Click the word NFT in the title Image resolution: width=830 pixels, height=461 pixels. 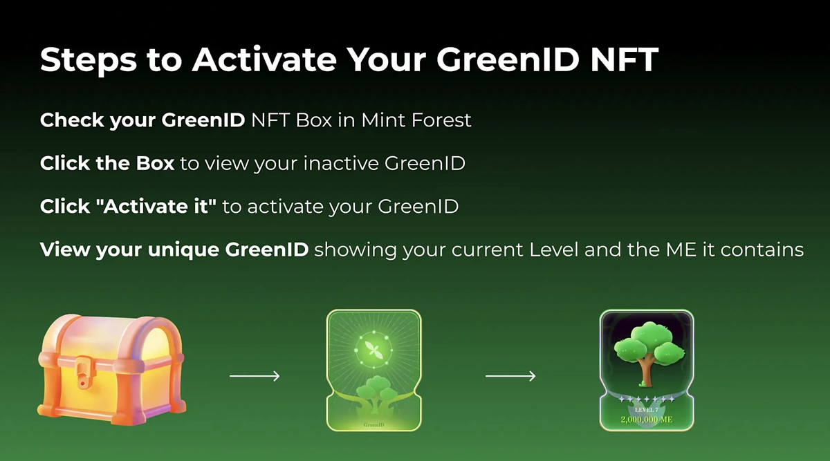tap(625, 59)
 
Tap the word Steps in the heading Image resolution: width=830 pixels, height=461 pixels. tap(89, 61)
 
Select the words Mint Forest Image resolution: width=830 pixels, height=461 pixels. tap(416, 120)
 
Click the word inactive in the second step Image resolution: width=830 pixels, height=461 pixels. tap(341, 163)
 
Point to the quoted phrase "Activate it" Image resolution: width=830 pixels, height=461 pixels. tap(156, 206)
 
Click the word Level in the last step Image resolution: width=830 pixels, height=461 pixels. tap(553, 250)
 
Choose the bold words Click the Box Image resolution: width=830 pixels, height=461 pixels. tap(107, 163)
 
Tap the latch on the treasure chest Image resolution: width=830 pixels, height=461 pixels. tap(82, 372)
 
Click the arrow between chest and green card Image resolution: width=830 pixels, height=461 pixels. tap(255, 376)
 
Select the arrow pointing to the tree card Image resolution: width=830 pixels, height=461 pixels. tap(510, 376)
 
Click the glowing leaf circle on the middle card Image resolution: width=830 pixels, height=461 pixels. tap(373, 350)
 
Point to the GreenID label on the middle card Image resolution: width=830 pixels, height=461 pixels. tap(374, 424)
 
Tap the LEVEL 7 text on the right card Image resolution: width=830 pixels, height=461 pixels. tap(647, 410)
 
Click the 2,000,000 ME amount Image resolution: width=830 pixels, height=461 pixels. tap(647, 420)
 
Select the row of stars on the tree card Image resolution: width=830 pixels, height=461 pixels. tap(647, 399)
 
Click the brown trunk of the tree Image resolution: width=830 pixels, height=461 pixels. tap(647, 371)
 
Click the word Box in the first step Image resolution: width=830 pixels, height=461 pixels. tap(314, 120)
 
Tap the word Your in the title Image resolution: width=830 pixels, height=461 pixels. tap(387, 59)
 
